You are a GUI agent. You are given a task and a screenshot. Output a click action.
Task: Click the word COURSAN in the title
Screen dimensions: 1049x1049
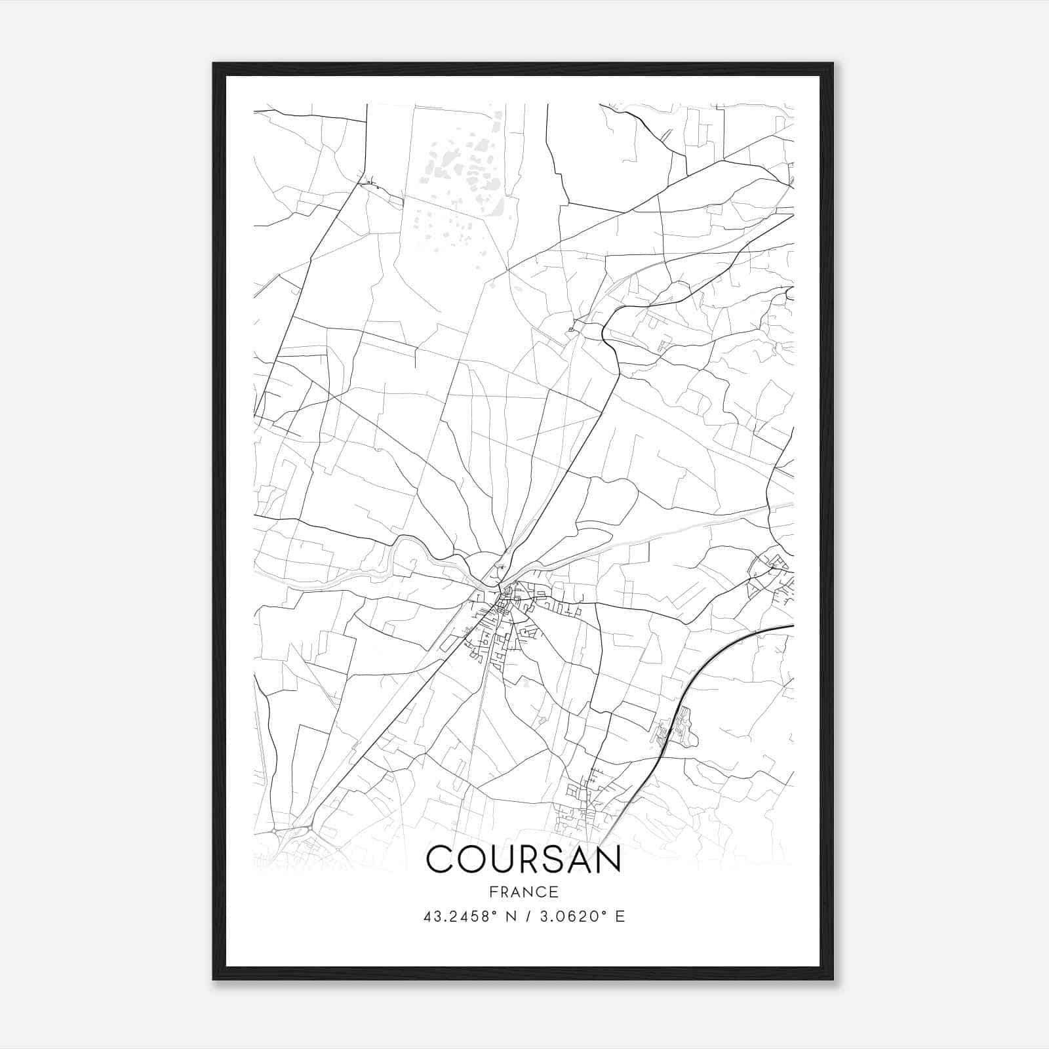click(x=523, y=859)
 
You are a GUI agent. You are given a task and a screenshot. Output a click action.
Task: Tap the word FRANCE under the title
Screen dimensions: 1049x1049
click(x=523, y=892)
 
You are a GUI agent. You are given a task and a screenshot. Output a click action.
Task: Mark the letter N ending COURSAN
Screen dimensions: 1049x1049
click(x=606, y=859)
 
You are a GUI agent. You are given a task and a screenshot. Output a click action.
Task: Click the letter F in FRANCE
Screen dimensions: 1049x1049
click(x=492, y=892)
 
